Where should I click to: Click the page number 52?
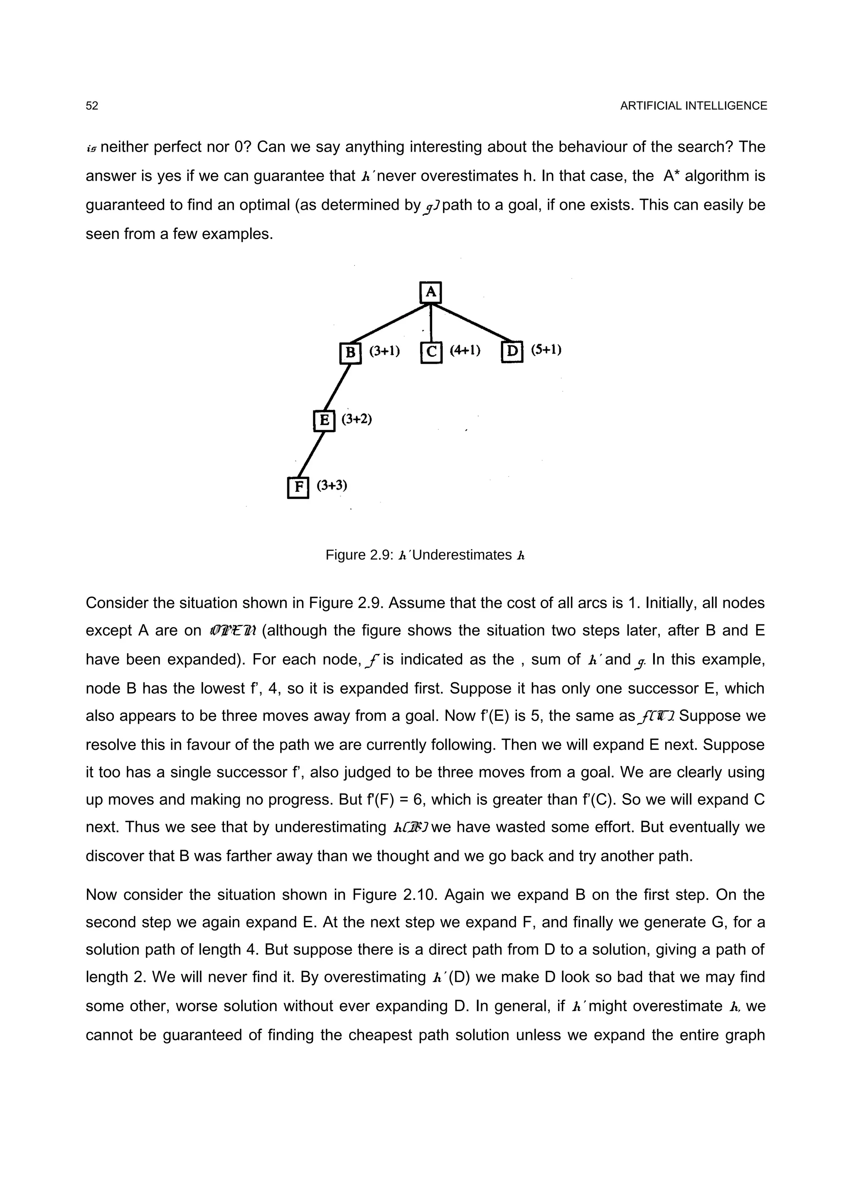point(92,106)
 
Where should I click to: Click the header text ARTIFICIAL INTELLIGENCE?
point(693,106)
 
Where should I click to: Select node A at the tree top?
point(430,292)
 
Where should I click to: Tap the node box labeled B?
point(350,352)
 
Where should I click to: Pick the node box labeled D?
point(512,352)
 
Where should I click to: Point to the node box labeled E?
point(324,420)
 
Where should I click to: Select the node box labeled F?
point(298,487)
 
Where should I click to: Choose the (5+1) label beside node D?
point(546,350)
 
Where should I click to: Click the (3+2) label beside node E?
point(357,420)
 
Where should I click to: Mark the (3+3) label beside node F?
point(332,486)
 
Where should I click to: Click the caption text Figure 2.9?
point(359,555)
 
